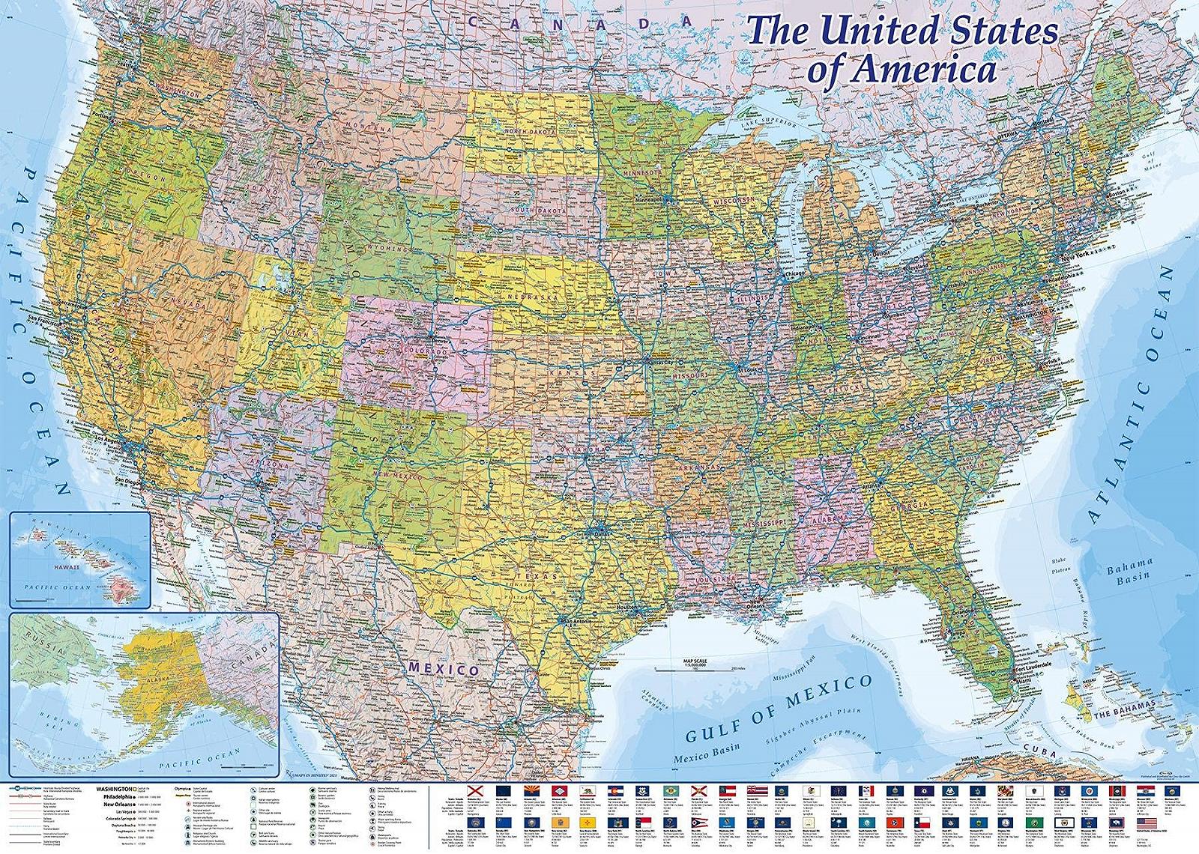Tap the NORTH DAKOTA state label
(x=531, y=132)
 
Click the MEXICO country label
(x=443, y=668)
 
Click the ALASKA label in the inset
(x=160, y=678)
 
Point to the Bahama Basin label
(x=1129, y=571)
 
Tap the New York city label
(x=1073, y=256)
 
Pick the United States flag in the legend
(x=1147, y=823)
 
